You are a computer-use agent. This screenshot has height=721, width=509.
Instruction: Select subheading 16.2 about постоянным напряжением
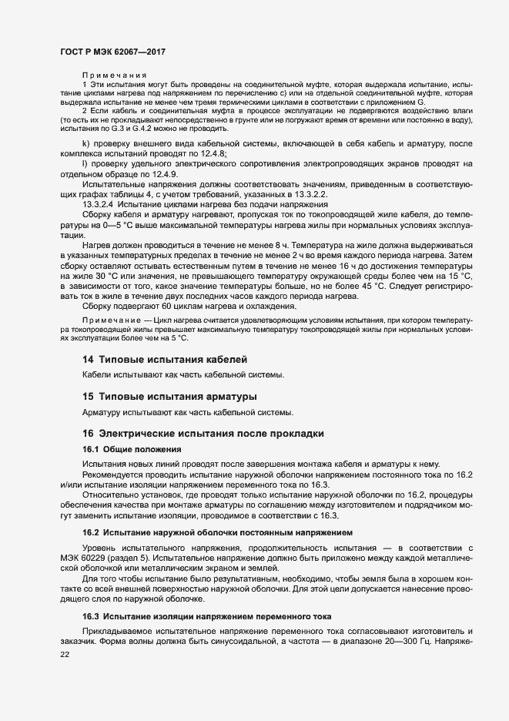(218, 532)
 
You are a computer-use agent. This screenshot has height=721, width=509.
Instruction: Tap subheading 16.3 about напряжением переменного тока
(206, 616)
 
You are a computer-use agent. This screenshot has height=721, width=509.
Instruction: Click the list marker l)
(85, 165)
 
